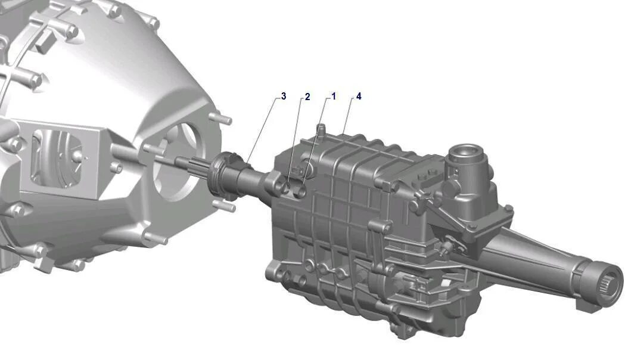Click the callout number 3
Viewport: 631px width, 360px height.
pyautogui.click(x=284, y=96)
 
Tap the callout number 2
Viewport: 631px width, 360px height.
pyautogui.click(x=307, y=97)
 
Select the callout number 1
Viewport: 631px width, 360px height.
pyautogui.click(x=334, y=96)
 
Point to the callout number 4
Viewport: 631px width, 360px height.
pyautogui.click(x=359, y=96)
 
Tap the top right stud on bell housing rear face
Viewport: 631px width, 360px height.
pyautogui.click(x=225, y=119)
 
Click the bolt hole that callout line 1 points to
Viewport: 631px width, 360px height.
pyautogui.click(x=301, y=190)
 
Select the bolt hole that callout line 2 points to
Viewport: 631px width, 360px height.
pyautogui.click(x=287, y=188)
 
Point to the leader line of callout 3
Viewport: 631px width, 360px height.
pyautogui.click(x=262, y=128)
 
